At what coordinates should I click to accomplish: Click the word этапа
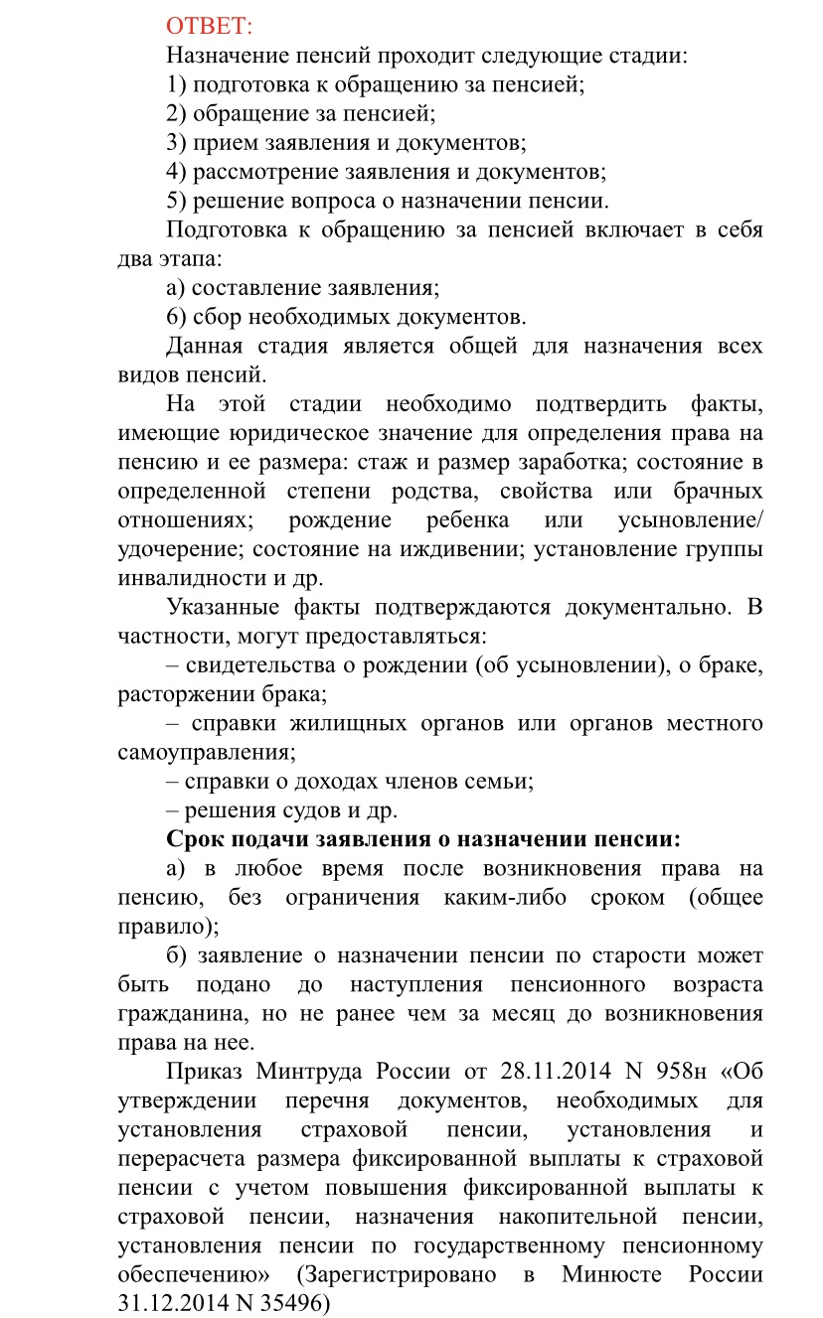point(184,259)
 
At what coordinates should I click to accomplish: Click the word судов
point(298,809)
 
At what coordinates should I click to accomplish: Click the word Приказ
point(204,1072)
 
